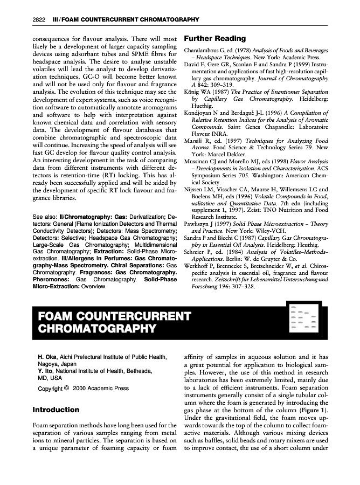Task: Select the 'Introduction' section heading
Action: click(x=56, y=410)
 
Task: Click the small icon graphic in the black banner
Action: click(x=302, y=321)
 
